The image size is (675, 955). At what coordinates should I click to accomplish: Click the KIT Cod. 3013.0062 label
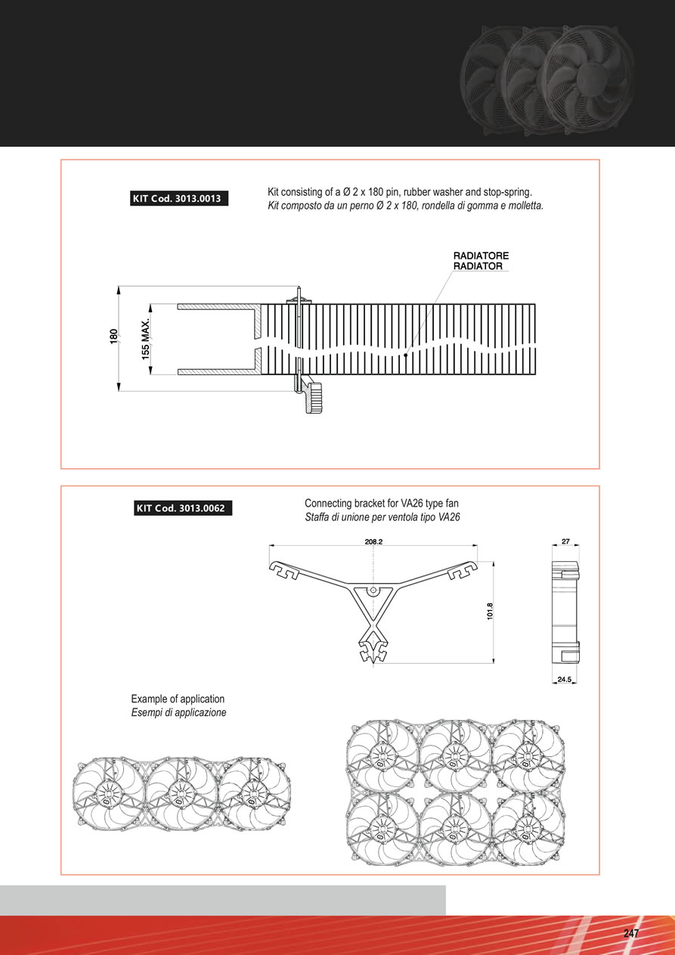[x=183, y=508]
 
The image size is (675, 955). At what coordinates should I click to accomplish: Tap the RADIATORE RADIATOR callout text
[x=481, y=261]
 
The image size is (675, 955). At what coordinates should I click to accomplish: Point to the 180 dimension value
[x=113, y=336]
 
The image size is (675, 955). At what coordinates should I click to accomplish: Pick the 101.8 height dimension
[x=490, y=611]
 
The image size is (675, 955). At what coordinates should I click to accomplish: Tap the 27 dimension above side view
[x=565, y=541]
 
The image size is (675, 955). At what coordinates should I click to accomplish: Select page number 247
[x=631, y=933]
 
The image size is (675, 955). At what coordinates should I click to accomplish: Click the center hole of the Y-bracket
[x=372, y=590]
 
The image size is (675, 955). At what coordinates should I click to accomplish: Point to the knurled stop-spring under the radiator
[x=314, y=398]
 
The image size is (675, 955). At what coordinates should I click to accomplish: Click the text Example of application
[x=178, y=699]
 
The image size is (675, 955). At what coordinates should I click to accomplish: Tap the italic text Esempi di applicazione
[x=178, y=712]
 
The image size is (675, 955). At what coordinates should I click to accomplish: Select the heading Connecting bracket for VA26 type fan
[x=382, y=503]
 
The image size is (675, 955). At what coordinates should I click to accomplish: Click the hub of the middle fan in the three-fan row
[x=178, y=793]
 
